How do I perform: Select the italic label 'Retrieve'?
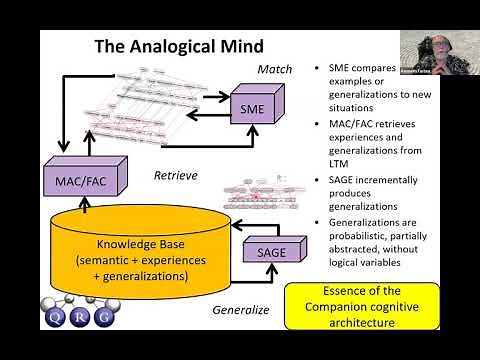[175, 176]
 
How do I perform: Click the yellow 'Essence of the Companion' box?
[351, 307]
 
